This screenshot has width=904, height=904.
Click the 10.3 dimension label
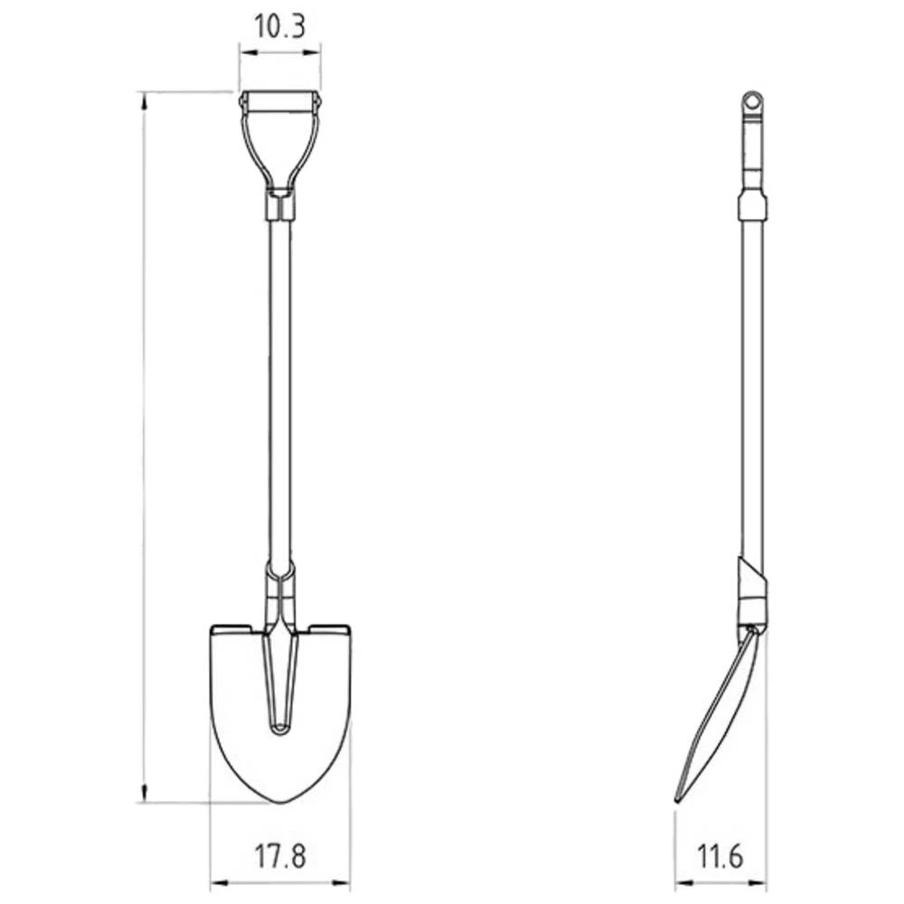point(279,26)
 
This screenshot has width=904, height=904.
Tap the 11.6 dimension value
point(720,854)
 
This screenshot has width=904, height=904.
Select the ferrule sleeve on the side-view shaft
point(752,206)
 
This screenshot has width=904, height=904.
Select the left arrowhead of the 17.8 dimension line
point(215,881)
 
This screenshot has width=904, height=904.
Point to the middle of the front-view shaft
point(280,389)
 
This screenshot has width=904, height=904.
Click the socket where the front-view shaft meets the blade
point(280,592)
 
